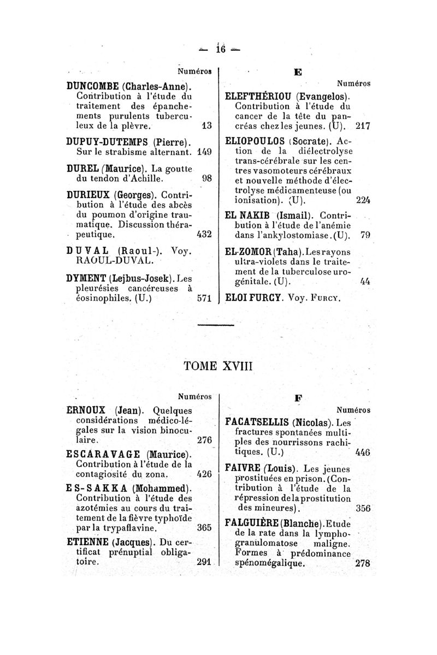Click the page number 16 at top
point(221,49)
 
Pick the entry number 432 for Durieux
point(203,235)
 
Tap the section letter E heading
point(298,72)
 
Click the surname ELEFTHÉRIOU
point(260,96)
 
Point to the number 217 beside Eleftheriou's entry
point(363,126)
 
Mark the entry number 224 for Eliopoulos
point(363,199)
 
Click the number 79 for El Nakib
point(366,235)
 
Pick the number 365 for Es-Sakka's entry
point(204,528)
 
